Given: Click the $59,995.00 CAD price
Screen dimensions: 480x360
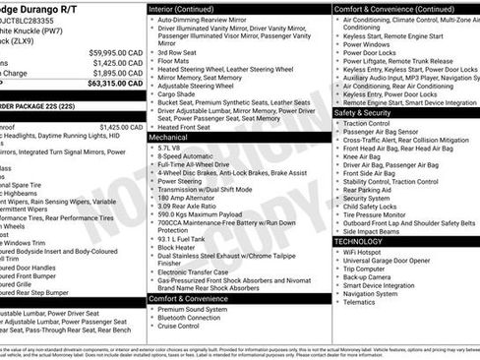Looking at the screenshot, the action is pyautogui.click(x=116, y=52).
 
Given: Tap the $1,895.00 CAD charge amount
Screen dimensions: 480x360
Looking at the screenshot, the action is pyautogui.click(x=117, y=72).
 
